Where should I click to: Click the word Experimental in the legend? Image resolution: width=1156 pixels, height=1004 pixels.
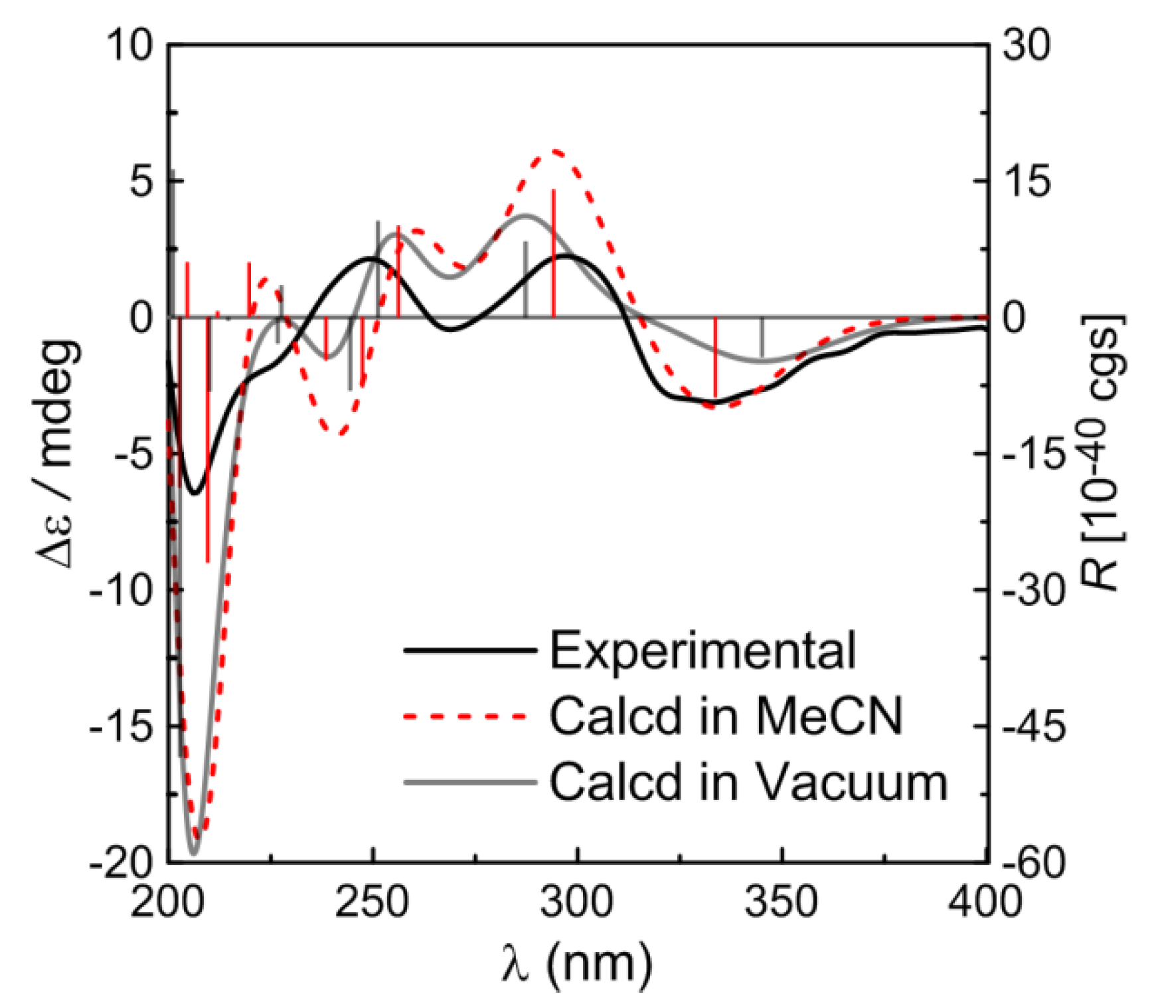pos(702,651)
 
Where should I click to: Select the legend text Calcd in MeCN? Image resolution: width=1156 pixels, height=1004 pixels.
pos(726,716)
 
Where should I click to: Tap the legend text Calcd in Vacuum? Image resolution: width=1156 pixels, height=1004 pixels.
pos(748,782)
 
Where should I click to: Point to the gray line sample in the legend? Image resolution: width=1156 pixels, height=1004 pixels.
pos(469,783)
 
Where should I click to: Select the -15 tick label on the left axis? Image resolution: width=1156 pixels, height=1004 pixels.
pos(120,727)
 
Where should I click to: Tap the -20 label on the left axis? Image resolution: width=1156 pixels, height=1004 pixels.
pos(120,862)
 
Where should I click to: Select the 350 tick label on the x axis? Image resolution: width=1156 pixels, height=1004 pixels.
pos(782,904)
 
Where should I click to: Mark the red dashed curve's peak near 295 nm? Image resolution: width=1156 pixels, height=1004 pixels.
pos(554,151)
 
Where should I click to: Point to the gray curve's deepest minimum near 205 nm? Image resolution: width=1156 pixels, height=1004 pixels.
pos(193,854)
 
